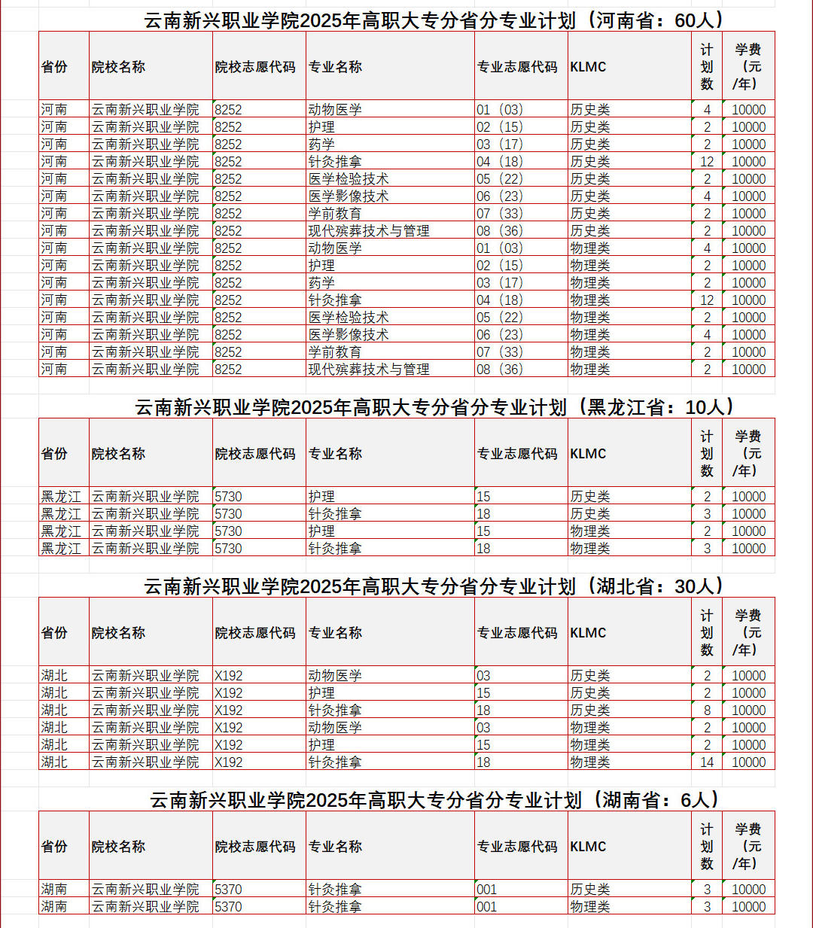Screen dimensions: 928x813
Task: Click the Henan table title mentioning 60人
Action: coord(434,20)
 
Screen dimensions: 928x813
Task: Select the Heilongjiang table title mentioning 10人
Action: coord(434,407)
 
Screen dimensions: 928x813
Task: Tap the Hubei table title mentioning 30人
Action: coord(434,586)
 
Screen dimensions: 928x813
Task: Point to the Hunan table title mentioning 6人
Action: coord(434,800)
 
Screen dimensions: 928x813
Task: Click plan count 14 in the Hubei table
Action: coord(707,762)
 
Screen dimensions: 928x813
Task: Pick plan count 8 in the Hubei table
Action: coord(707,710)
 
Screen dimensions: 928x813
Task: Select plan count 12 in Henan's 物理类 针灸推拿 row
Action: coord(707,300)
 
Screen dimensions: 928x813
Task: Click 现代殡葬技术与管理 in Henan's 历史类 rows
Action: coord(369,231)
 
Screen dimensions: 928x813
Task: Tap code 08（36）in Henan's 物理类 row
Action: coord(500,370)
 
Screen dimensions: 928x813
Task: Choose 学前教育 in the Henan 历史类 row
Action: coord(335,214)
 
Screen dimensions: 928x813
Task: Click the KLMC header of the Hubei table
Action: coord(588,633)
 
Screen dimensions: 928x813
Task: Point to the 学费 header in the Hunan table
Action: coord(748,847)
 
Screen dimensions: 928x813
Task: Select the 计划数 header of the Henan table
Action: coord(707,67)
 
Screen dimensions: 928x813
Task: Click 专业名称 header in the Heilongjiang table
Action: coord(336,454)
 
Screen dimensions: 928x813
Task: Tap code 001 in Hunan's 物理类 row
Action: coord(487,907)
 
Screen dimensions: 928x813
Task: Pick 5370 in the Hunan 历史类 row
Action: coord(229,890)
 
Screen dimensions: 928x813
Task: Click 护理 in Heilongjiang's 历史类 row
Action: coord(321,497)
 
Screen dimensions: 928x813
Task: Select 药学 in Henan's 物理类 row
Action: coord(321,283)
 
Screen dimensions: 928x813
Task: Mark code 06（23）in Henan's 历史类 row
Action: coord(500,196)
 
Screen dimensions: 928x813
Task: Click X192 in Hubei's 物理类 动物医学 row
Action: coord(229,728)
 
